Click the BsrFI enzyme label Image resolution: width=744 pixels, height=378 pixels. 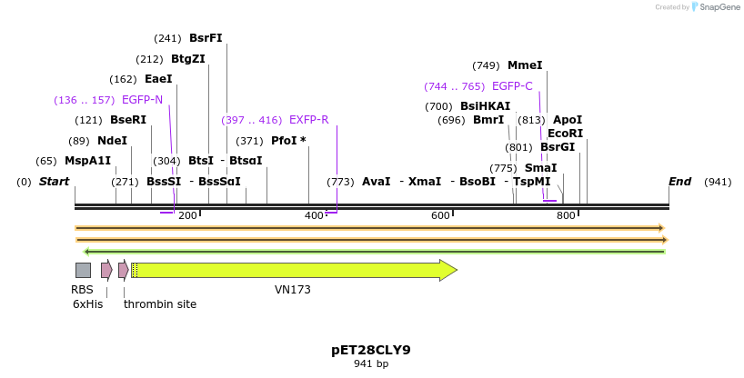206,38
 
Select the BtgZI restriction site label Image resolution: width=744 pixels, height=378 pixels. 188,59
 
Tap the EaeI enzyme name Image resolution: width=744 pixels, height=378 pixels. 158,79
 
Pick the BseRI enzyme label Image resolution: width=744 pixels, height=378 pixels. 128,120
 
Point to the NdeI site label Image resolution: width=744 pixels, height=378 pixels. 112,141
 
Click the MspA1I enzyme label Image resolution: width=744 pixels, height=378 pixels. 87,161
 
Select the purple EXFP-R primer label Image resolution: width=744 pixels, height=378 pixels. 308,120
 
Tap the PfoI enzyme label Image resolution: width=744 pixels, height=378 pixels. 288,141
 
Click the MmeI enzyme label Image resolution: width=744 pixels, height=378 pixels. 525,65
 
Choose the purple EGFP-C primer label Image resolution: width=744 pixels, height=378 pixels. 512,86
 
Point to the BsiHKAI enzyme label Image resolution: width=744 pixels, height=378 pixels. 485,106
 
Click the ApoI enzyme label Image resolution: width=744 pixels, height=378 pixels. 568,120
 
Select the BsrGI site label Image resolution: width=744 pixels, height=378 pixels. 558,147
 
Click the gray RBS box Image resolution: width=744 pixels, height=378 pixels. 83,270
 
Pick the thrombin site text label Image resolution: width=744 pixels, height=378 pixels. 160,304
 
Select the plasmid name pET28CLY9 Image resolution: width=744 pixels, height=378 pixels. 371,350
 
